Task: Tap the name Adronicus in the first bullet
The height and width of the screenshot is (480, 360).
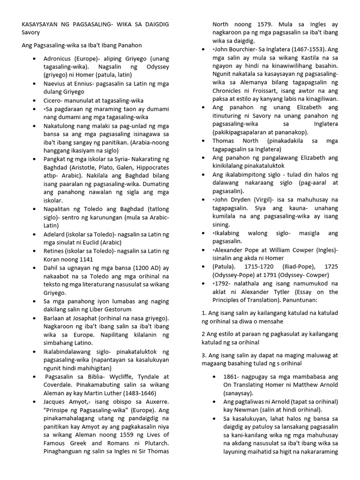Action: point(60,59)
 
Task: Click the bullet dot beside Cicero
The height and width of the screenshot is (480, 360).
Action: point(35,100)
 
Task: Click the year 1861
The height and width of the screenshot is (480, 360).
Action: point(231,376)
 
